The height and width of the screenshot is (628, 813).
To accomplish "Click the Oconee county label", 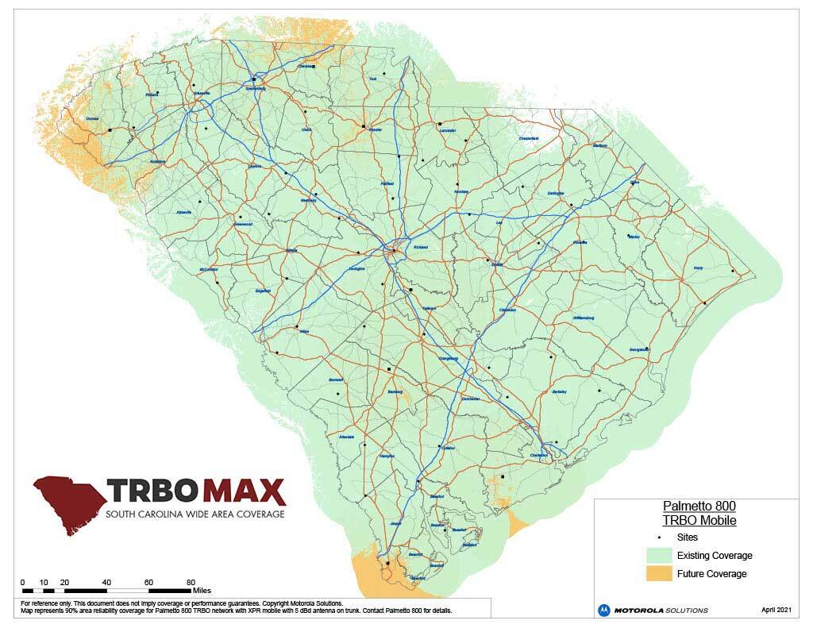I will pos(92,120).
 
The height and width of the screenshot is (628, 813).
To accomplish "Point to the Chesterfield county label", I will pos(529,138).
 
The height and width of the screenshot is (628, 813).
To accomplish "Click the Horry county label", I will pos(699,268).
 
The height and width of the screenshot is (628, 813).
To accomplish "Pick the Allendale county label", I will pos(347,437).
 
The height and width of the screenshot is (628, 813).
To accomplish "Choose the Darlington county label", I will pos(555,193).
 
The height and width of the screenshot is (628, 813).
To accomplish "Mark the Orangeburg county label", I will pos(449,359).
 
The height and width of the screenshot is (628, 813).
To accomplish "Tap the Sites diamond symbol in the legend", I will pos(660,537).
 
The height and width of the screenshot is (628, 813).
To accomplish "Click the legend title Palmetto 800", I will pos(699,506).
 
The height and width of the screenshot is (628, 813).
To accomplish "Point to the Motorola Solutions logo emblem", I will pos(605,610).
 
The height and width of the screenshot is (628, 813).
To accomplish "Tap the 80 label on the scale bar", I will pos(191,582).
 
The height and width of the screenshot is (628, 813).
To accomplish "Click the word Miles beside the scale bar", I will pos(201,591).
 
